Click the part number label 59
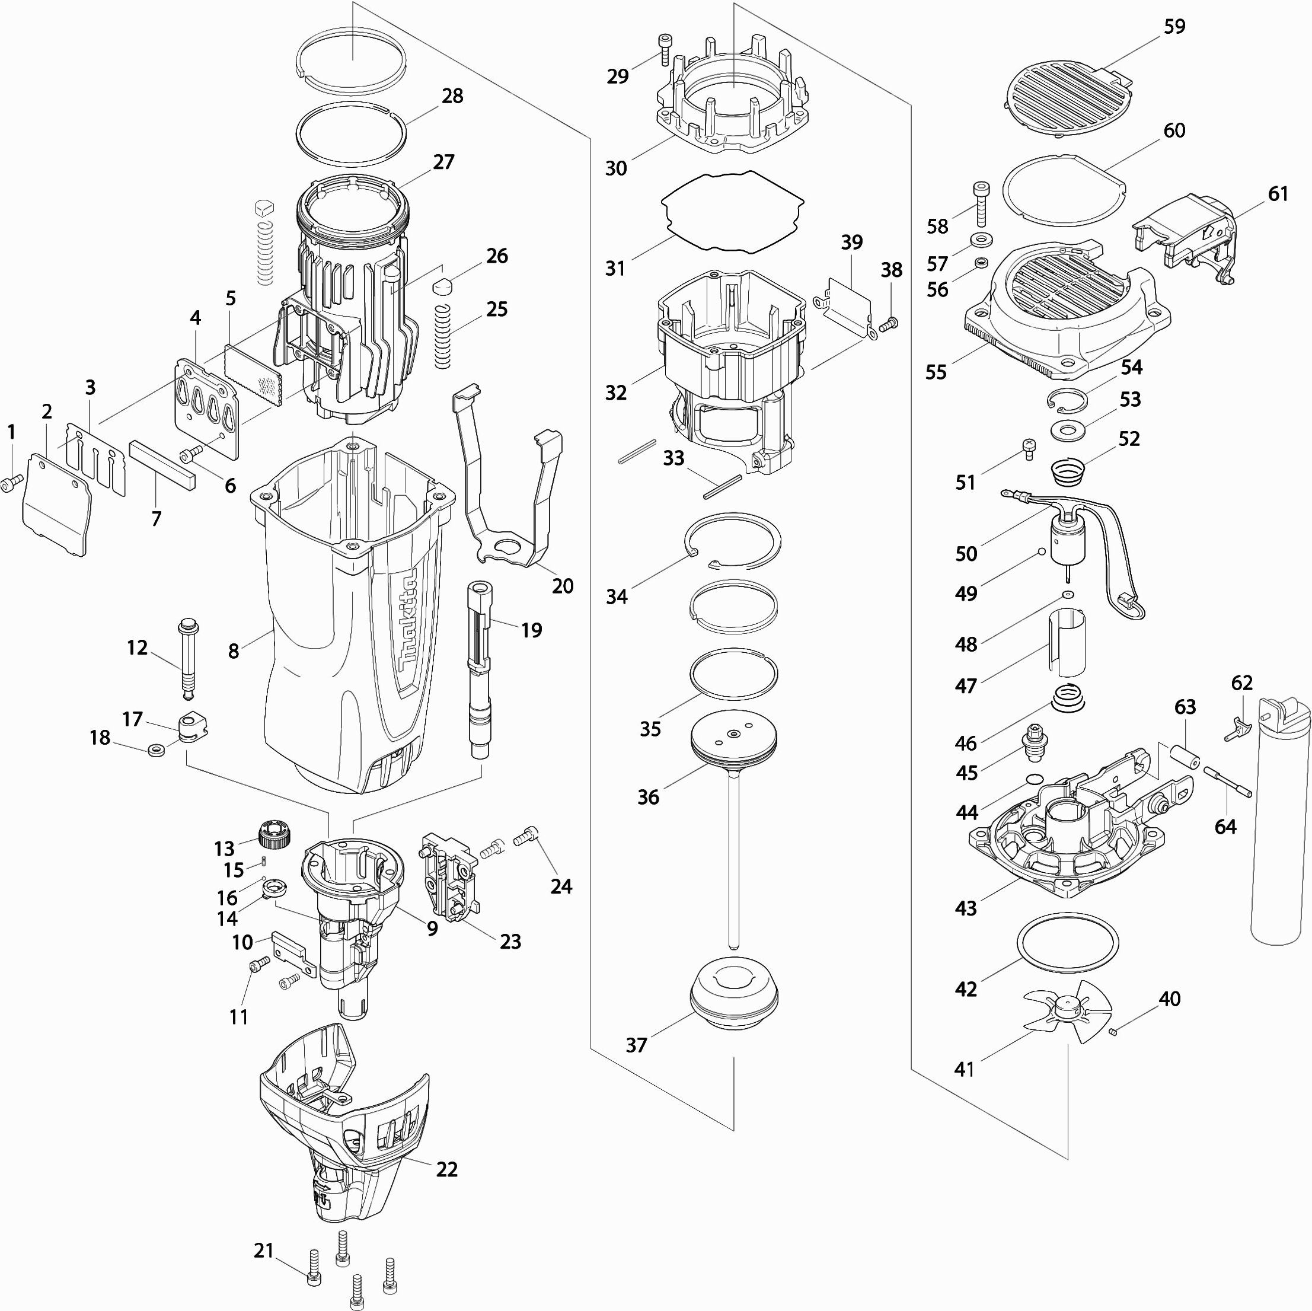pos(1174,27)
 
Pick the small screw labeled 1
pos(11,483)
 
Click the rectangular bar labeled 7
pos(163,463)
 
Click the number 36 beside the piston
pos(648,797)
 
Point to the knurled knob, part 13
pos(275,833)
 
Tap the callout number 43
pos(966,908)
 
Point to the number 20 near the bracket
pos(562,586)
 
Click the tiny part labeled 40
pos(1113,1033)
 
